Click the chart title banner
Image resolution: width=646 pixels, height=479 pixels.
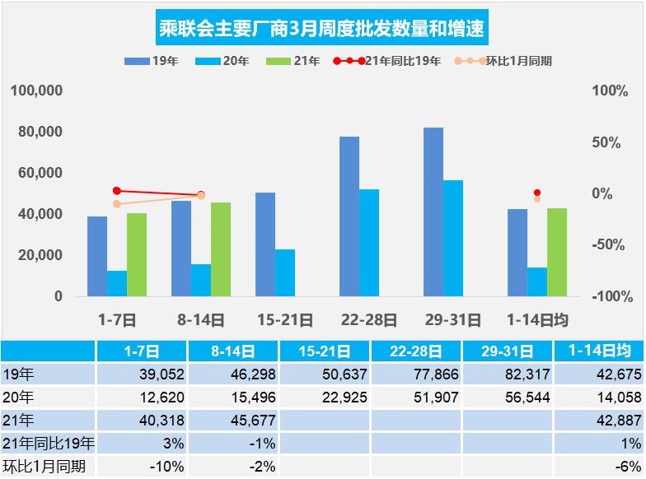[x=322, y=29]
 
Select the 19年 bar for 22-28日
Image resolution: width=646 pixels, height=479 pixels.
[x=349, y=216]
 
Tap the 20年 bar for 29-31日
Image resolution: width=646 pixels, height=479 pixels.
[x=453, y=238]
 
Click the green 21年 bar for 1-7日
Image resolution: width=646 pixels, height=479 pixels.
[x=137, y=254]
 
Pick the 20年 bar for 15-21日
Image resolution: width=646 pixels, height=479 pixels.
[x=285, y=272]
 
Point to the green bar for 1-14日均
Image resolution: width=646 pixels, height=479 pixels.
[x=557, y=252]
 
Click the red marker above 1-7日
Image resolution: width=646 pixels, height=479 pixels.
[x=117, y=191]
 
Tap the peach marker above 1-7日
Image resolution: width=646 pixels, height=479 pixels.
[x=117, y=204]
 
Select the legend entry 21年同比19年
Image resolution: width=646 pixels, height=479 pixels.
[x=387, y=61]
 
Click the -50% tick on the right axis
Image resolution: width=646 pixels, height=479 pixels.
[x=610, y=244]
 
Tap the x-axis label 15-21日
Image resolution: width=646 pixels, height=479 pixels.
[x=285, y=320]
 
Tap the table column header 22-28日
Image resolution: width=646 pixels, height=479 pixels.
[x=416, y=351]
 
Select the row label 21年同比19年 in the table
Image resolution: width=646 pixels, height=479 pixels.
[x=48, y=444]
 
